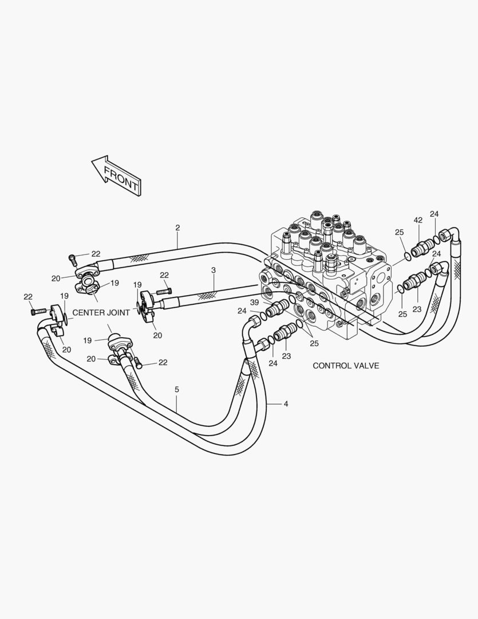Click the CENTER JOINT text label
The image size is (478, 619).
101,313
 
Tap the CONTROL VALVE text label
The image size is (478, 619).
346,366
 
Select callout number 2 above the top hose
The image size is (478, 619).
177,228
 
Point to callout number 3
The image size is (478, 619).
214,271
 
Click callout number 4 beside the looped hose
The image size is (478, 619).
286,404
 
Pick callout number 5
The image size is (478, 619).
177,390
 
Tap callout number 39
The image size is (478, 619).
254,302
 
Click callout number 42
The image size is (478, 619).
418,220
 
